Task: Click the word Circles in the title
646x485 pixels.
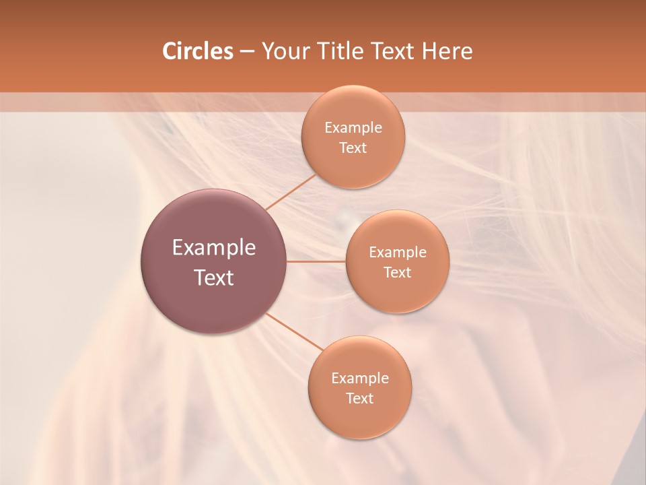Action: pos(197,51)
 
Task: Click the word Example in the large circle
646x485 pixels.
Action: pos(214,248)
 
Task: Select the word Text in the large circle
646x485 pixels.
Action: pos(214,278)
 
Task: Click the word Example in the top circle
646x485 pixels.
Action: pos(353,128)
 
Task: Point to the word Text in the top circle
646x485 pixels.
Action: pos(353,148)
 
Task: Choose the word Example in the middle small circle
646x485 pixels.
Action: pos(397,253)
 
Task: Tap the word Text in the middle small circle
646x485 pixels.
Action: pos(397,273)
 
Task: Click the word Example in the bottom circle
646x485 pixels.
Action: pos(359,379)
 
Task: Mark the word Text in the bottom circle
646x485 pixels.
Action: pos(359,399)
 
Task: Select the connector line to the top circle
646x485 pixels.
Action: pos(291,191)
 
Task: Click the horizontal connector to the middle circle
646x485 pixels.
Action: pos(316,261)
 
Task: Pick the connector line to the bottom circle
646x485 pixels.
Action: pos(294,331)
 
